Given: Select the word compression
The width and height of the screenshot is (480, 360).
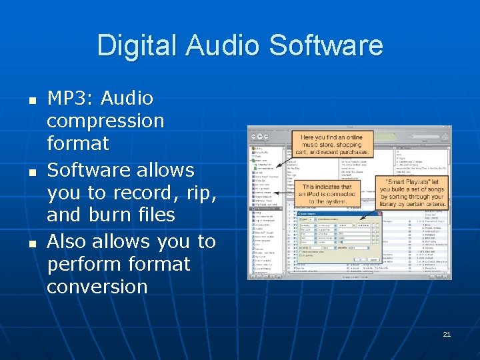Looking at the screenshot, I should pyautogui.click(x=105, y=121).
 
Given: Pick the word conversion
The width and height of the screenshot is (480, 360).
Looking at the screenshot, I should pyautogui.click(x=97, y=287).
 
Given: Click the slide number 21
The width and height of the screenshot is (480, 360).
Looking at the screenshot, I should pyautogui.click(x=447, y=334).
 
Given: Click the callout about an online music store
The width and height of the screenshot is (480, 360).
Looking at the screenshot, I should pyautogui.click(x=331, y=145).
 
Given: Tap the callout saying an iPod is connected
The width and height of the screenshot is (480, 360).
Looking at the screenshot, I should pyautogui.click(x=327, y=194).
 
